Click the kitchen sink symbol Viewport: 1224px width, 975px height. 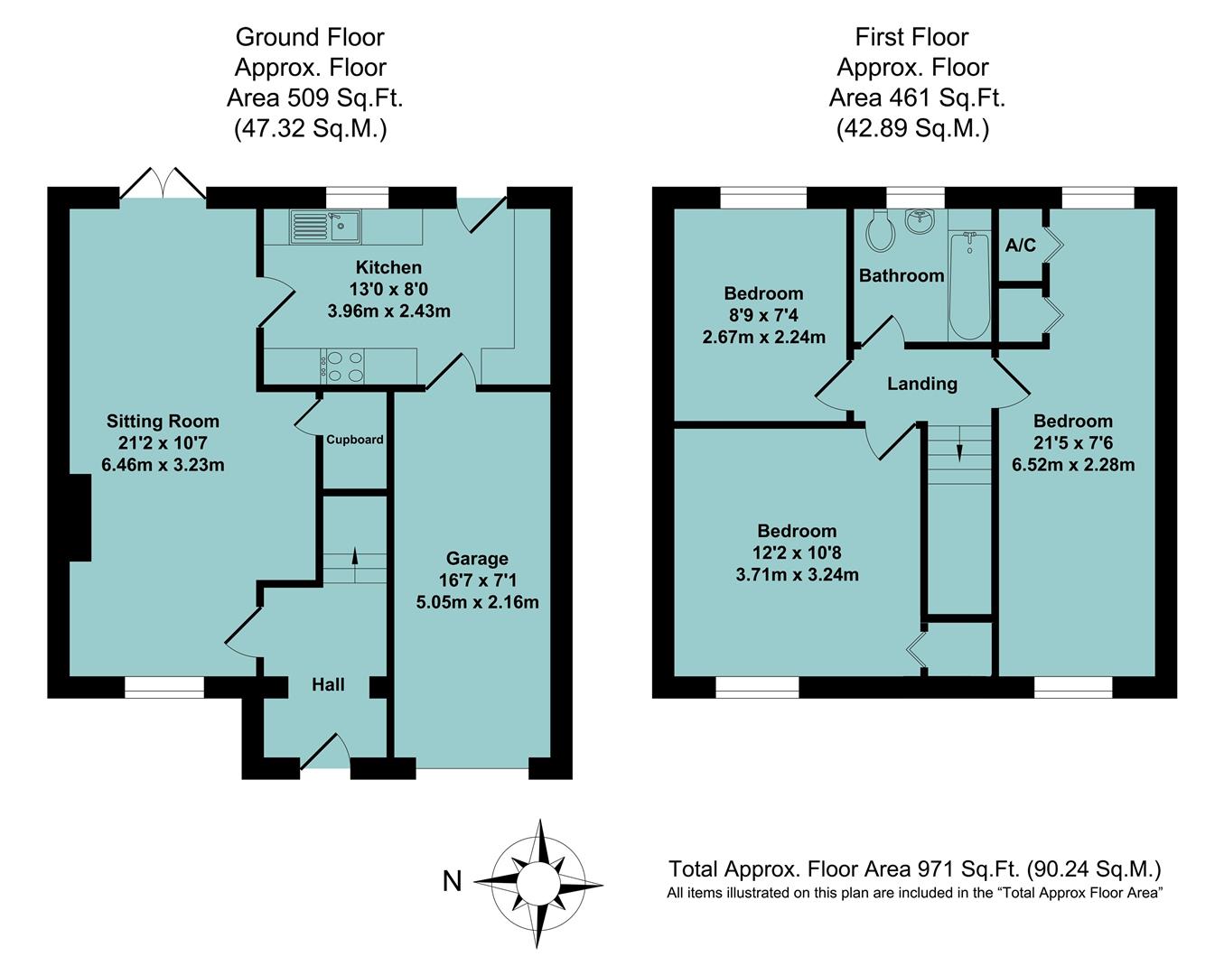pos(324,227)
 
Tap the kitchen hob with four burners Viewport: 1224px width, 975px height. pos(342,366)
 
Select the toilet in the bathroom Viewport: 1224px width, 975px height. pos(878,232)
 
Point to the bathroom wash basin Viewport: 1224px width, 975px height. pos(920,221)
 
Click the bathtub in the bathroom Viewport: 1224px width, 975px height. pos(969,284)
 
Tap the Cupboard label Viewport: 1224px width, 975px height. pos(354,440)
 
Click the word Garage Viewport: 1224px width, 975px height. pos(477,559)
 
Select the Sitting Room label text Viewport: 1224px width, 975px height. pos(163,421)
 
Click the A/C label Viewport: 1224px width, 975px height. pos(1020,246)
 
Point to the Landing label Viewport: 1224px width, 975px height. pos(921,384)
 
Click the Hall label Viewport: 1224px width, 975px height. pos(328,685)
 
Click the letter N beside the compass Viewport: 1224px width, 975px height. pos(452,880)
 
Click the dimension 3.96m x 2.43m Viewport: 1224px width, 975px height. pos(388,311)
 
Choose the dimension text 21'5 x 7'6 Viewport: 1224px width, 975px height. pos(1073,443)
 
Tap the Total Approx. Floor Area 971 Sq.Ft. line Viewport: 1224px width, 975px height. pos(914,869)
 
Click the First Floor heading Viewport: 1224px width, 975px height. pos(911,37)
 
